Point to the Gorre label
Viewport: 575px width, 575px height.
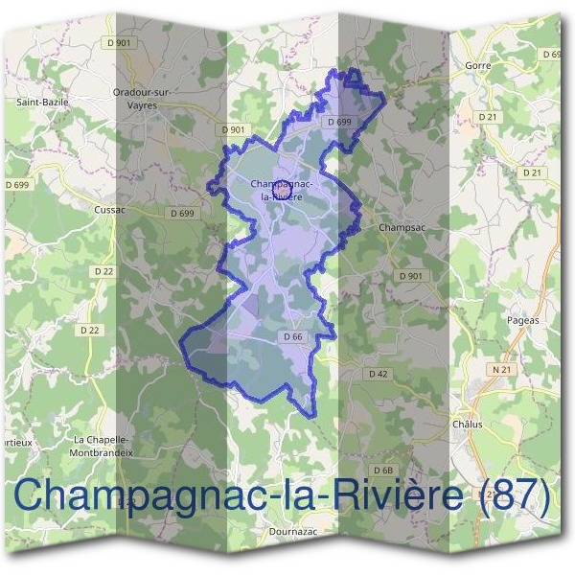click(x=477, y=65)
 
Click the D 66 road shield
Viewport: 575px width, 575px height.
click(x=293, y=337)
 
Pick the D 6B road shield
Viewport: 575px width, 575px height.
click(x=384, y=470)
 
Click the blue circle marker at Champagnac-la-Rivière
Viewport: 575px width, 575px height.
click(x=283, y=189)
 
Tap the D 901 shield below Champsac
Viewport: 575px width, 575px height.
click(x=410, y=276)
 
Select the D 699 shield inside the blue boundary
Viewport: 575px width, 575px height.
click(x=339, y=123)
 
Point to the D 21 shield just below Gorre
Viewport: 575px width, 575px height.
click(x=489, y=117)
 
